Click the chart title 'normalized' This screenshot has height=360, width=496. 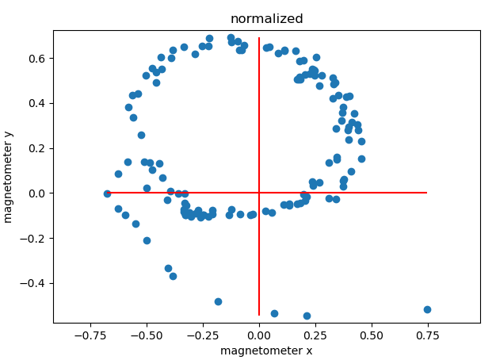[x=266, y=18]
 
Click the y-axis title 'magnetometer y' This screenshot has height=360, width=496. [x=10, y=176]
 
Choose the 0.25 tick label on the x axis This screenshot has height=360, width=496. [x=315, y=335]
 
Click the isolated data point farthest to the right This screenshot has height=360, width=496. [x=427, y=309]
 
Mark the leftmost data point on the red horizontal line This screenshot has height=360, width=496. [x=107, y=193]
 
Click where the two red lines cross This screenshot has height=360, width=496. [x=259, y=193]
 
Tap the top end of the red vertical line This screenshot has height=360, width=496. [x=259, y=38]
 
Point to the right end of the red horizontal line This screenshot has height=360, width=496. [x=427, y=193]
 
